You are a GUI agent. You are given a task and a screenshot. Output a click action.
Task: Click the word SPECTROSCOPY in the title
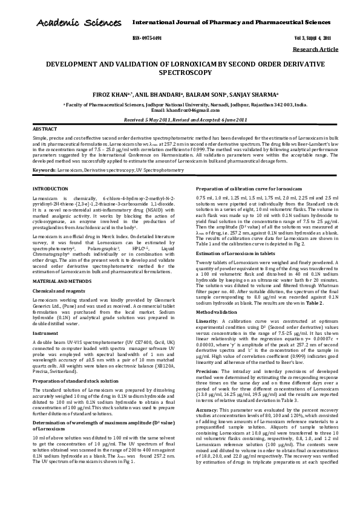pos(180,72)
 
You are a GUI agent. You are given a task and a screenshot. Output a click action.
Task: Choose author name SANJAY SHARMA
pos(250,94)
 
